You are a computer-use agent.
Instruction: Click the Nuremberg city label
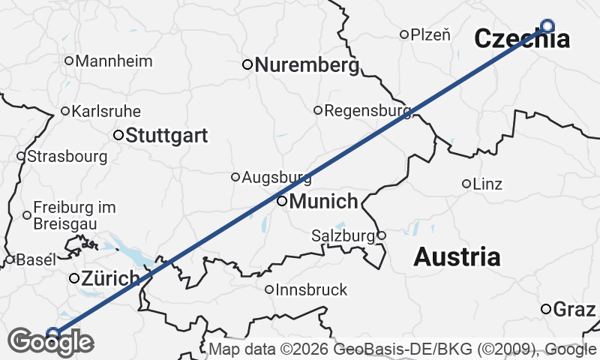307,65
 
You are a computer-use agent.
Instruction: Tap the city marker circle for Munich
282,201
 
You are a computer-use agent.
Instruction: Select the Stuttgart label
166,136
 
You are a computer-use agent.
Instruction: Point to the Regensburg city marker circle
318,110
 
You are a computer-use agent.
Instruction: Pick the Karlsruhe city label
106,111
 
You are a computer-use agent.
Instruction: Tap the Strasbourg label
67,157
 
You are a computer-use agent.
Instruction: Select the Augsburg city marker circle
235,177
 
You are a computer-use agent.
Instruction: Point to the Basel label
36,260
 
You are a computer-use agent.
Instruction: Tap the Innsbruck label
311,289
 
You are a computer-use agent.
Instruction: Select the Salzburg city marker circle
381,235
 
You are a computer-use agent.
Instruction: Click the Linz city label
488,184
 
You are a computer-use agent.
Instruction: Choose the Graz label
575,309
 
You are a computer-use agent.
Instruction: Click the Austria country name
457,257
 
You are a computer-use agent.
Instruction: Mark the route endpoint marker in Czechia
547,26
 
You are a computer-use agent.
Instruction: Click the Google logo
51,342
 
